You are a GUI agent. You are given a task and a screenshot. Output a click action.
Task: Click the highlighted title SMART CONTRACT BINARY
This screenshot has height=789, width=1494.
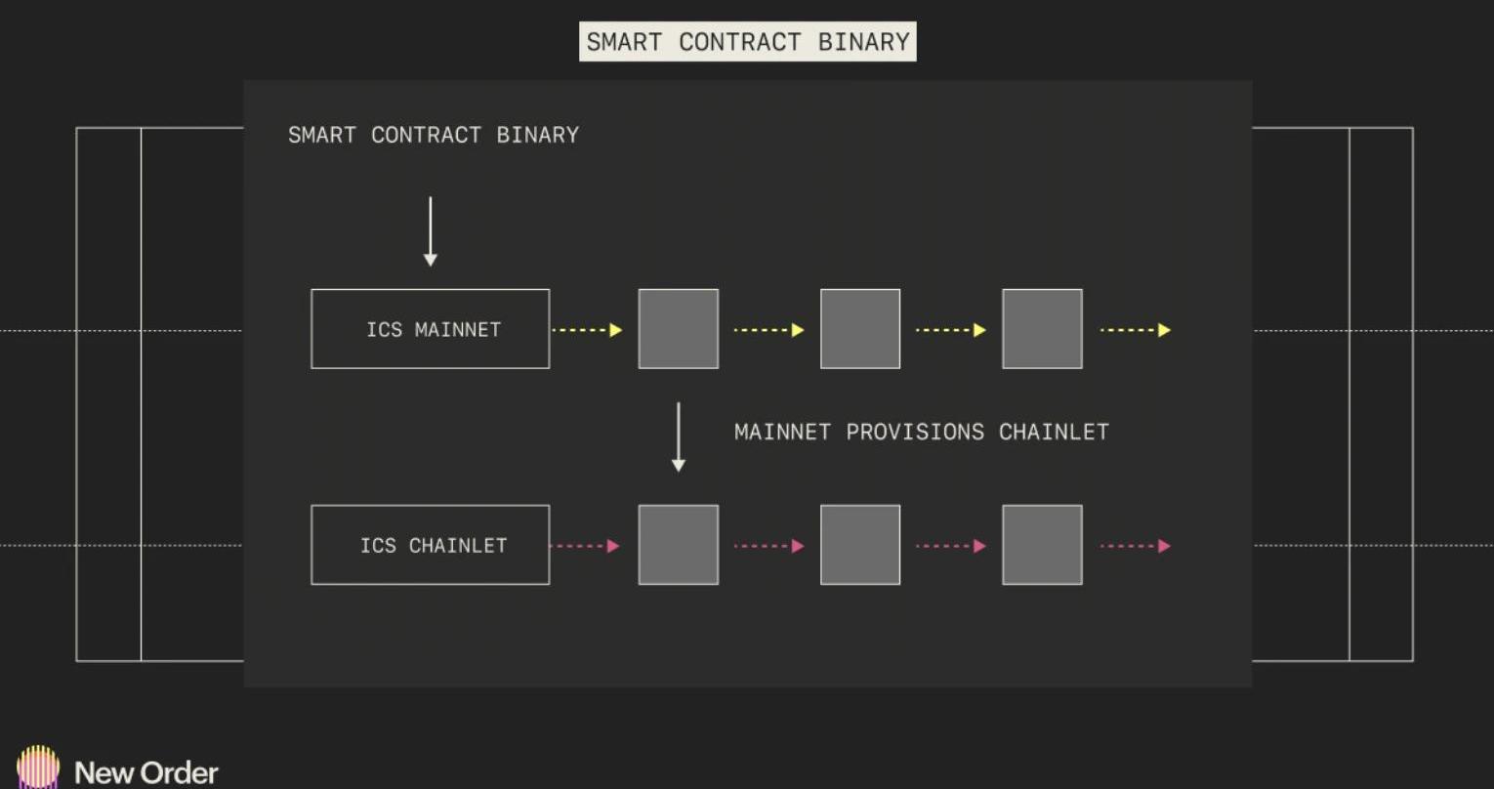[748, 41]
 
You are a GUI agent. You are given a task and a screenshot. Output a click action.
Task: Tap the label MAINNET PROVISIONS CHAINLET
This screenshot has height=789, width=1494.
[921, 433]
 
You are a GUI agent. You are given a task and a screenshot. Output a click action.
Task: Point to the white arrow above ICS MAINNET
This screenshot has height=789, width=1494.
[431, 231]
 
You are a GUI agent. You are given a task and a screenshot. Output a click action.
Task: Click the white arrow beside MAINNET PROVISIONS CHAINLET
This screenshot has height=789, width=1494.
[679, 436]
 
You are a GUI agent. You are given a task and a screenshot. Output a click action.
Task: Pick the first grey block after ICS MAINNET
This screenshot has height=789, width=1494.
[679, 329]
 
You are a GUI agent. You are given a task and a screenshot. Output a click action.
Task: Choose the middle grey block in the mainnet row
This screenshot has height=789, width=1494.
[860, 329]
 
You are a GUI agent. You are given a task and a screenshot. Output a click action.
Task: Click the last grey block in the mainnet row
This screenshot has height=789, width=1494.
[1043, 329]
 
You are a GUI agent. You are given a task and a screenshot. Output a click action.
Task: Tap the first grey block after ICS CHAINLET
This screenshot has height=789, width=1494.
[679, 545]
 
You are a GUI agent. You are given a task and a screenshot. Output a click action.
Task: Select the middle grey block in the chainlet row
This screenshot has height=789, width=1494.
[860, 545]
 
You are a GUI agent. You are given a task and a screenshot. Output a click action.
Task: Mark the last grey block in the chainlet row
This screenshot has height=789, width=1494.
[1043, 545]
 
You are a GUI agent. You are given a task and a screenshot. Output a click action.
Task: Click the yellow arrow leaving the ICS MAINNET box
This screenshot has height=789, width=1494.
[587, 330]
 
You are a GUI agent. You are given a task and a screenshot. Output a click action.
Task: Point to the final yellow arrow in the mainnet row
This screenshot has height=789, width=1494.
[1136, 330]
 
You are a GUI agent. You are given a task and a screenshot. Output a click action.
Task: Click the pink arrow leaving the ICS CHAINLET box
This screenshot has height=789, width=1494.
[585, 546]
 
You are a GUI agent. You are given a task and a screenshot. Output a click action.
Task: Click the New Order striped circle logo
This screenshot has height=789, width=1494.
[38, 767]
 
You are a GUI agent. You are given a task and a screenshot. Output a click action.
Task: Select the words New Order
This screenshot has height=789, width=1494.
[146, 773]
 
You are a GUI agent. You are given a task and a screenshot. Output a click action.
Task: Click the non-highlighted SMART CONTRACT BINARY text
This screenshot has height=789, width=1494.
[434, 136]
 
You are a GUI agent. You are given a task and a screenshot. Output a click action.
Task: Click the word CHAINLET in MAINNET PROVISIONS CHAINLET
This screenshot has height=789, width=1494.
[1054, 433]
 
